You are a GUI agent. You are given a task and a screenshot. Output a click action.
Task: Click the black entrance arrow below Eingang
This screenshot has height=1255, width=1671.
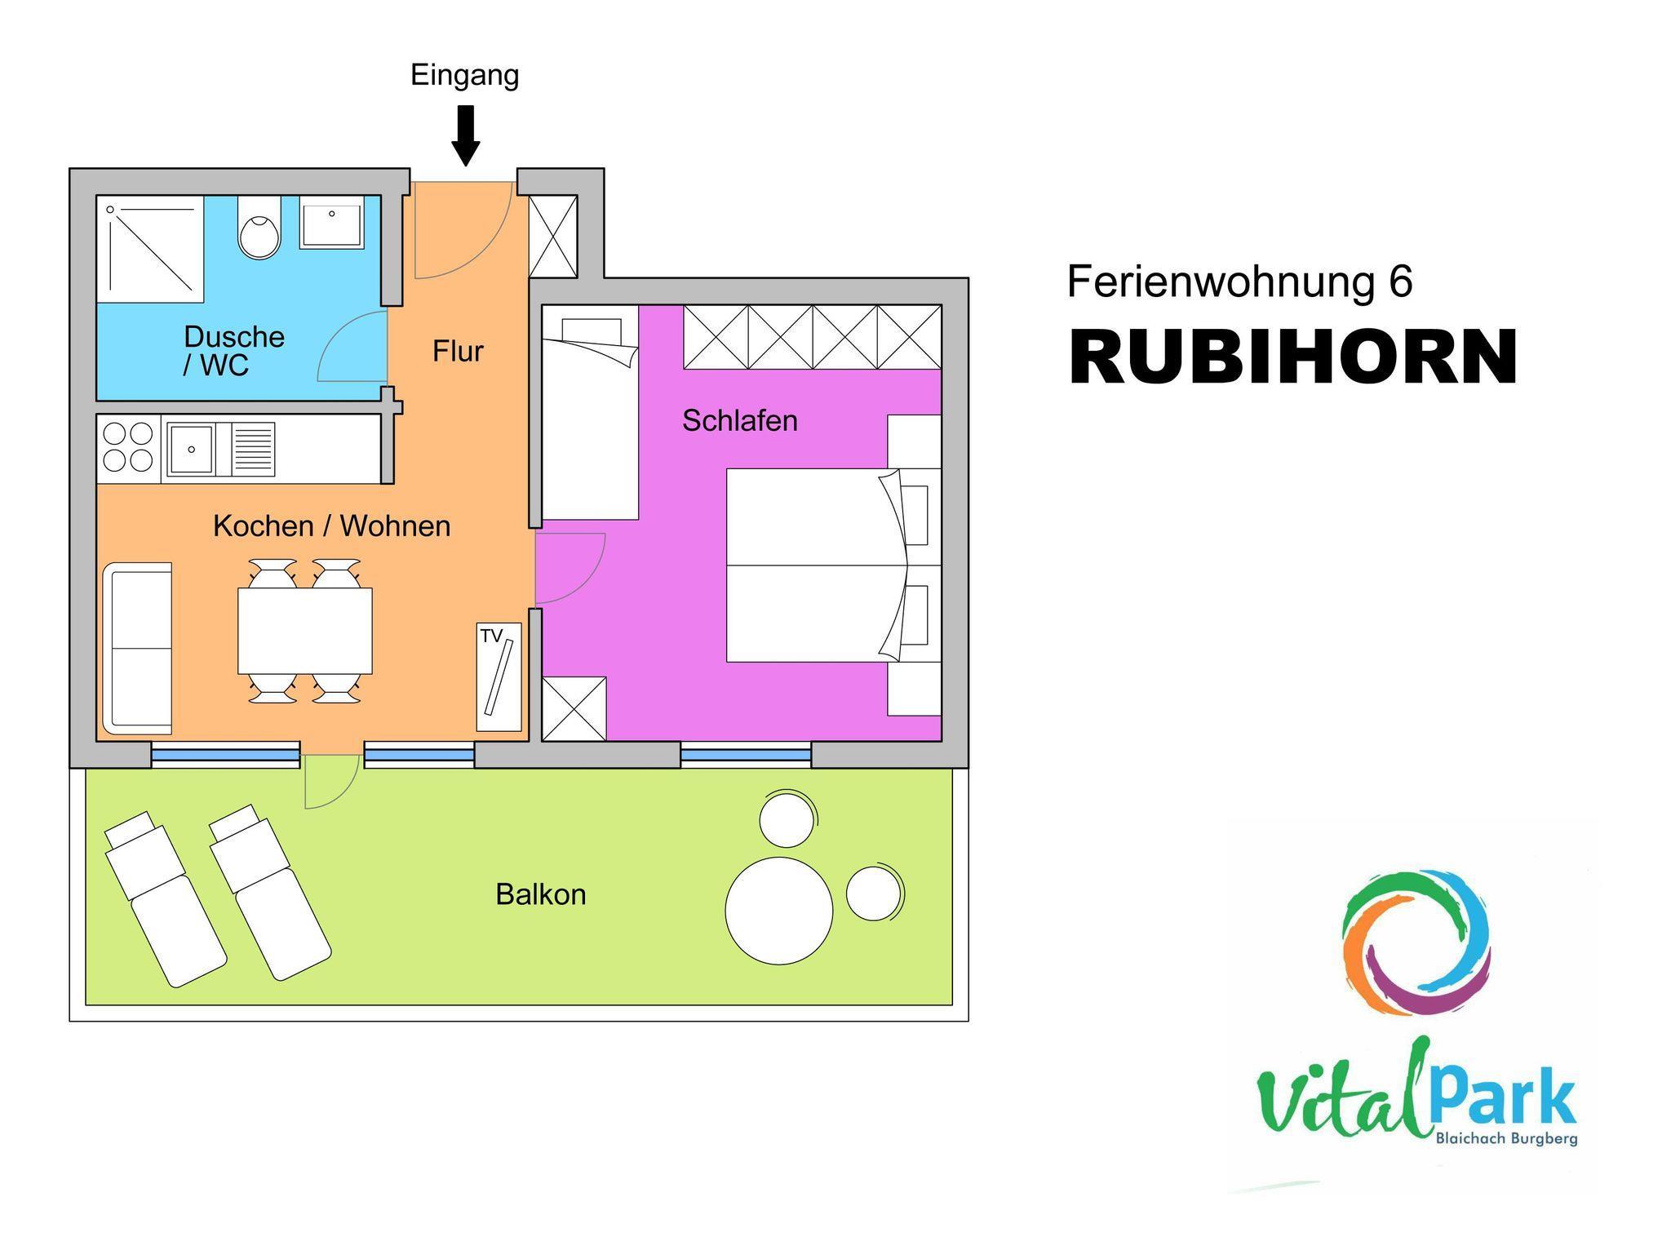[466, 136]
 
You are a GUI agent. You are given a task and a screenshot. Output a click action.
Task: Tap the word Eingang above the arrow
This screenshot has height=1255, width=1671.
[464, 75]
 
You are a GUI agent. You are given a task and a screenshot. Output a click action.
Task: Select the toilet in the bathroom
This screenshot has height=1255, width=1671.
[259, 228]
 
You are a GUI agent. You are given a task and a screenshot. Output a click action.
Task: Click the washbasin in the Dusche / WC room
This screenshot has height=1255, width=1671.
[330, 222]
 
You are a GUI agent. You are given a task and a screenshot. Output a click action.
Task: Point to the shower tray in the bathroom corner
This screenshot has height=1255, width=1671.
[150, 249]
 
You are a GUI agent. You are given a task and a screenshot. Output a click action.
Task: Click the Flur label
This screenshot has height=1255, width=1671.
[458, 351]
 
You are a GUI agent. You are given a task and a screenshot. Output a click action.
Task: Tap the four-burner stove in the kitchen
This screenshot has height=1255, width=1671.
[129, 448]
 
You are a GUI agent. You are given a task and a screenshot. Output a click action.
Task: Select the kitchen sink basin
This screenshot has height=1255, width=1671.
[191, 448]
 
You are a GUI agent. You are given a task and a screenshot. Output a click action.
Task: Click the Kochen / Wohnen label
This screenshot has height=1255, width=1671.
[331, 526]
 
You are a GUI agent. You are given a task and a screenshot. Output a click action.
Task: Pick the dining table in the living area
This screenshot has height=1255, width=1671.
[305, 631]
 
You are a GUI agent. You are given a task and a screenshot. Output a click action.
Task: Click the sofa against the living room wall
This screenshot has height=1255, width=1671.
[136, 648]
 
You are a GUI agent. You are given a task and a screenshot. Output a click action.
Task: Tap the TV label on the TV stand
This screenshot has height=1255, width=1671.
[491, 636]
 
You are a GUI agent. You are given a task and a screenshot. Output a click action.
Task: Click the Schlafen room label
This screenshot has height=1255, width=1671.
[740, 420]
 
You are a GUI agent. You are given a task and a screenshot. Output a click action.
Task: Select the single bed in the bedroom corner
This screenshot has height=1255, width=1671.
[590, 412]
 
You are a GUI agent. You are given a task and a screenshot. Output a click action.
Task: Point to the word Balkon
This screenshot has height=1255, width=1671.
[541, 894]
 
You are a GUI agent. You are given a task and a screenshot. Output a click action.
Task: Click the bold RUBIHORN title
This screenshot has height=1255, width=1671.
[1292, 357]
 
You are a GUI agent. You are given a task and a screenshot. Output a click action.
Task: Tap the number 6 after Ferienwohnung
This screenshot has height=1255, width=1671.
[1398, 282]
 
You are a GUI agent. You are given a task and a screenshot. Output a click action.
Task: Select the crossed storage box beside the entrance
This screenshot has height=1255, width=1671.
[553, 237]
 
